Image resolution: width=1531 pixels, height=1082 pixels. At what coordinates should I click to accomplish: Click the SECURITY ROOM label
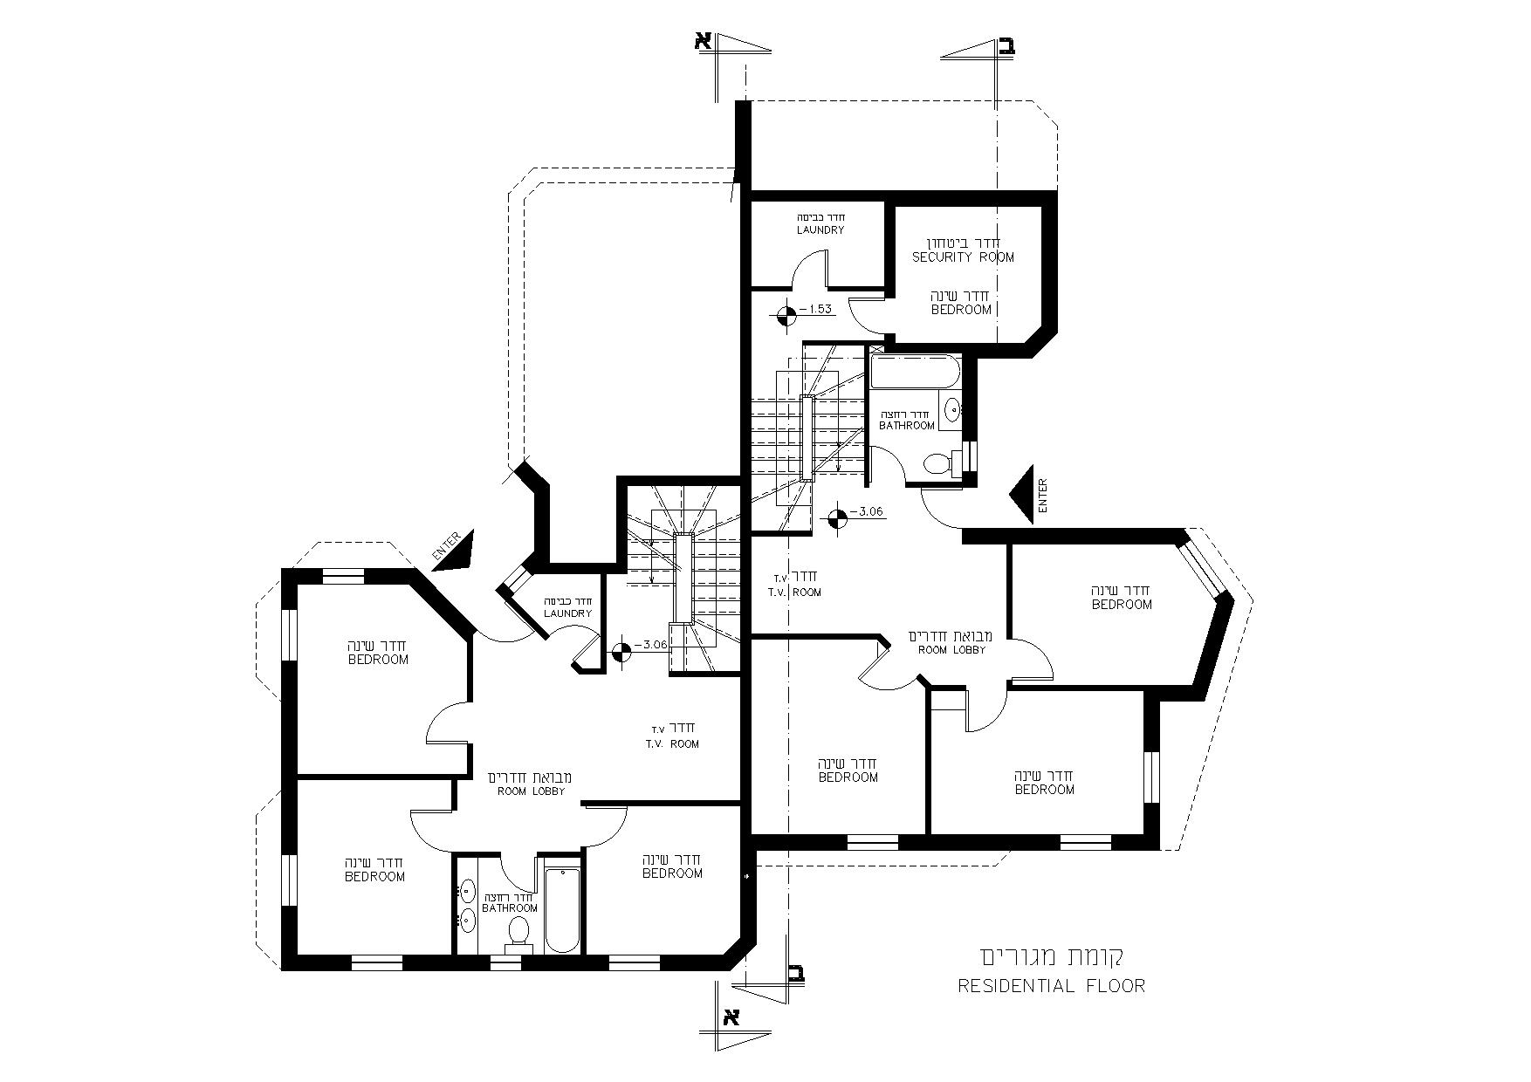click(963, 257)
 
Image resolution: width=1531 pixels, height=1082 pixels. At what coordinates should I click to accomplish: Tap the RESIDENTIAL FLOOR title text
click(1051, 987)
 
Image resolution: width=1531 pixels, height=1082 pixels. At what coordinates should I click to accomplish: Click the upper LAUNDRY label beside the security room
click(820, 230)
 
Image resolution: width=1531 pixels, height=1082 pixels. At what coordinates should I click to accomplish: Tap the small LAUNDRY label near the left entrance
click(568, 613)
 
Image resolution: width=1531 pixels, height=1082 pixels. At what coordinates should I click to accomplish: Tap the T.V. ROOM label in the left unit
click(672, 744)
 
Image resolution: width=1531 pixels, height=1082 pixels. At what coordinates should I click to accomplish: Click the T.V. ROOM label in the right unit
click(794, 592)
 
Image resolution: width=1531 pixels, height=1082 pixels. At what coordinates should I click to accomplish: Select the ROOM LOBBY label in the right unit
click(951, 650)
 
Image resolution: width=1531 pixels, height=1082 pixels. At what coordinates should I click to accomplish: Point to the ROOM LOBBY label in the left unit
click(532, 791)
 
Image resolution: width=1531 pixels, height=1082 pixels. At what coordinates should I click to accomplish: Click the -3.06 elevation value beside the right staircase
click(869, 512)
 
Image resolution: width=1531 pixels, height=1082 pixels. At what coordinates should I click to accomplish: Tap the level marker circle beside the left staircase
click(621, 652)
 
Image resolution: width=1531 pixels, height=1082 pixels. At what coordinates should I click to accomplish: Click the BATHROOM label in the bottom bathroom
click(511, 908)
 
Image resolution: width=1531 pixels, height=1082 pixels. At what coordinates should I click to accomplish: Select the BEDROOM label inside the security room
click(962, 310)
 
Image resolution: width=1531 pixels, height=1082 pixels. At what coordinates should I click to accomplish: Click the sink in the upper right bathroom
click(951, 407)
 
